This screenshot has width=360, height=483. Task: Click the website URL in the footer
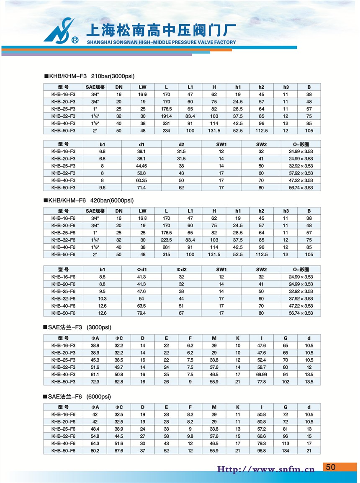click(x=265, y=469)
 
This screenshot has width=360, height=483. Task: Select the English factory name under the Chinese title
click(x=161, y=42)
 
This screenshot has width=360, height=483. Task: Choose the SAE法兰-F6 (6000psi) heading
click(x=78, y=396)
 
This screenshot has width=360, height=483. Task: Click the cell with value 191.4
click(x=166, y=116)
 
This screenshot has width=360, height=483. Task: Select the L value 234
click(x=166, y=131)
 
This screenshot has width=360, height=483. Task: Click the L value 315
click(x=166, y=254)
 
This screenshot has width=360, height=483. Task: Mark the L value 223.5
click(x=166, y=240)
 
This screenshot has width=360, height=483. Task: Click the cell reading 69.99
click(x=262, y=375)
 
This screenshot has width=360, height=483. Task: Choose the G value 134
click(x=285, y=450)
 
